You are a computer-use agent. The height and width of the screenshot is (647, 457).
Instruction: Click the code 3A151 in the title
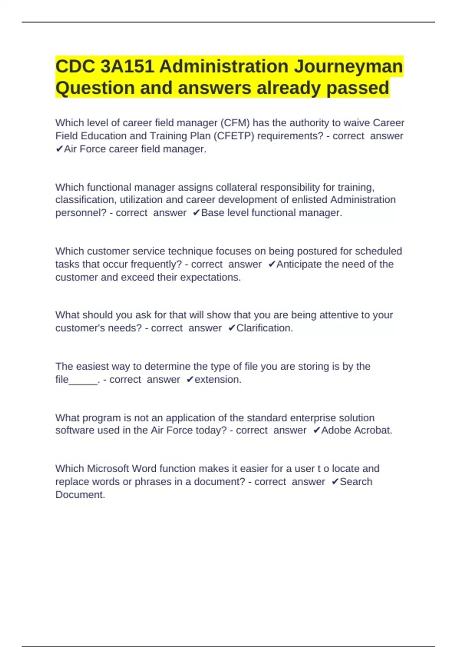click(127, 67)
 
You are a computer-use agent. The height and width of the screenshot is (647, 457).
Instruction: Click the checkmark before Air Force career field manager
click(59, 149)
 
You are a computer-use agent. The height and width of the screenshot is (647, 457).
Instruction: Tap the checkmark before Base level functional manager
click(196, 213)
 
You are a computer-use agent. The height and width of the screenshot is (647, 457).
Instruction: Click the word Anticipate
click(299, 264)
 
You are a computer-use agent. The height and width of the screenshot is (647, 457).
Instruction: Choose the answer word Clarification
click(264, 328)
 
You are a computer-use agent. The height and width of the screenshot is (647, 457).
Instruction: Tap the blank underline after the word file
click(83, 380)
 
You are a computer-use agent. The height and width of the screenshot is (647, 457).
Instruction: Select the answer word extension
click(218, 379)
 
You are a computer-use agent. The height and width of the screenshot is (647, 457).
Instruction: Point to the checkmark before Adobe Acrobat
click(316, 430)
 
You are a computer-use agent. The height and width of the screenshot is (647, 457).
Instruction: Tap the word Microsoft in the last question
click(108, 469)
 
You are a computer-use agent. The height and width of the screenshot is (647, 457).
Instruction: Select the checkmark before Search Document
click(335, 482)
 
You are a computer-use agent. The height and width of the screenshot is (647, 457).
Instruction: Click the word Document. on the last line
click(80, 495)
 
